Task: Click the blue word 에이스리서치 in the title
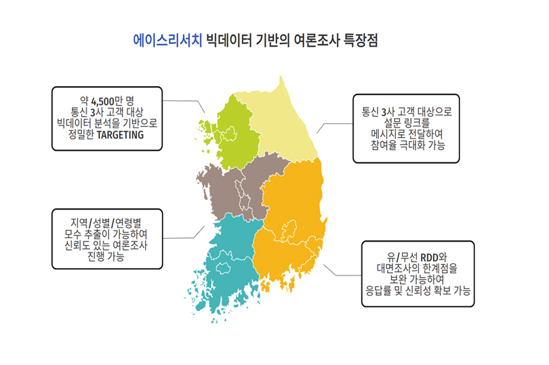pos(167,41)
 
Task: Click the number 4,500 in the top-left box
pos(102,102)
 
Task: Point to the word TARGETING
pos(120,135)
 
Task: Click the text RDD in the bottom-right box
pos(429,258)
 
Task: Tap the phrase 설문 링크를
pos(407,123)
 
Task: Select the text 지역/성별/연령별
pos(106,223)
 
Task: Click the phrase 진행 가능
pos(106,256)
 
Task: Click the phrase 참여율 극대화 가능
pos(408,145)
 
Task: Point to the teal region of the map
pos(228,259)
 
